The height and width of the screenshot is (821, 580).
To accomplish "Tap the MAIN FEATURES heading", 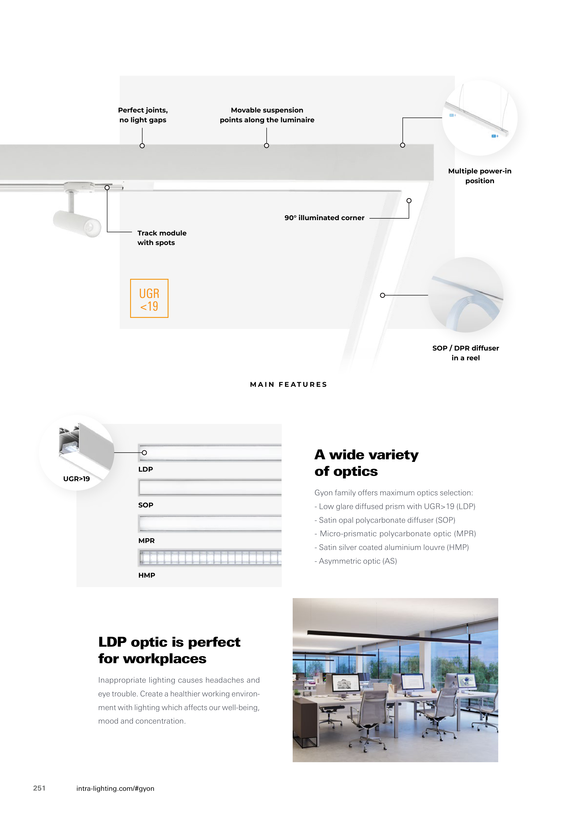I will (288, 384).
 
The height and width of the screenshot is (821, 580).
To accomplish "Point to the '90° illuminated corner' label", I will (324, 218).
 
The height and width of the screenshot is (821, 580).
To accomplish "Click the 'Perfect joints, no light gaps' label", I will (143, 115).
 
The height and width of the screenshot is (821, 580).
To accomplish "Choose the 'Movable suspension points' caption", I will (267, 115).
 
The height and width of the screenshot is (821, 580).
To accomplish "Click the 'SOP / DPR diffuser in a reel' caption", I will (465, 353).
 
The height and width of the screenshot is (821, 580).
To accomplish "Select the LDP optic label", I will (145, 469).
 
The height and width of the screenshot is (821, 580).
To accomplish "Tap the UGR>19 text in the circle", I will (76, 479).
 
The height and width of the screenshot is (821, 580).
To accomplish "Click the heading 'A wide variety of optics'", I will (366, 463).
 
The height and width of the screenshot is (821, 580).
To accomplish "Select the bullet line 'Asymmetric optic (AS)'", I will (356, 561).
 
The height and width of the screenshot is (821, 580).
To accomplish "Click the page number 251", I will (39, 788).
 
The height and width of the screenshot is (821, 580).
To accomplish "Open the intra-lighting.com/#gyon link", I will (115, 788).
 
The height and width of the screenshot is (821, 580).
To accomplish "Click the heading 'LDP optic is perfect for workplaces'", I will (169, 650).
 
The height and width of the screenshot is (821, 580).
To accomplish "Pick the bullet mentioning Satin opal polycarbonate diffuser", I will (385, 520).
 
